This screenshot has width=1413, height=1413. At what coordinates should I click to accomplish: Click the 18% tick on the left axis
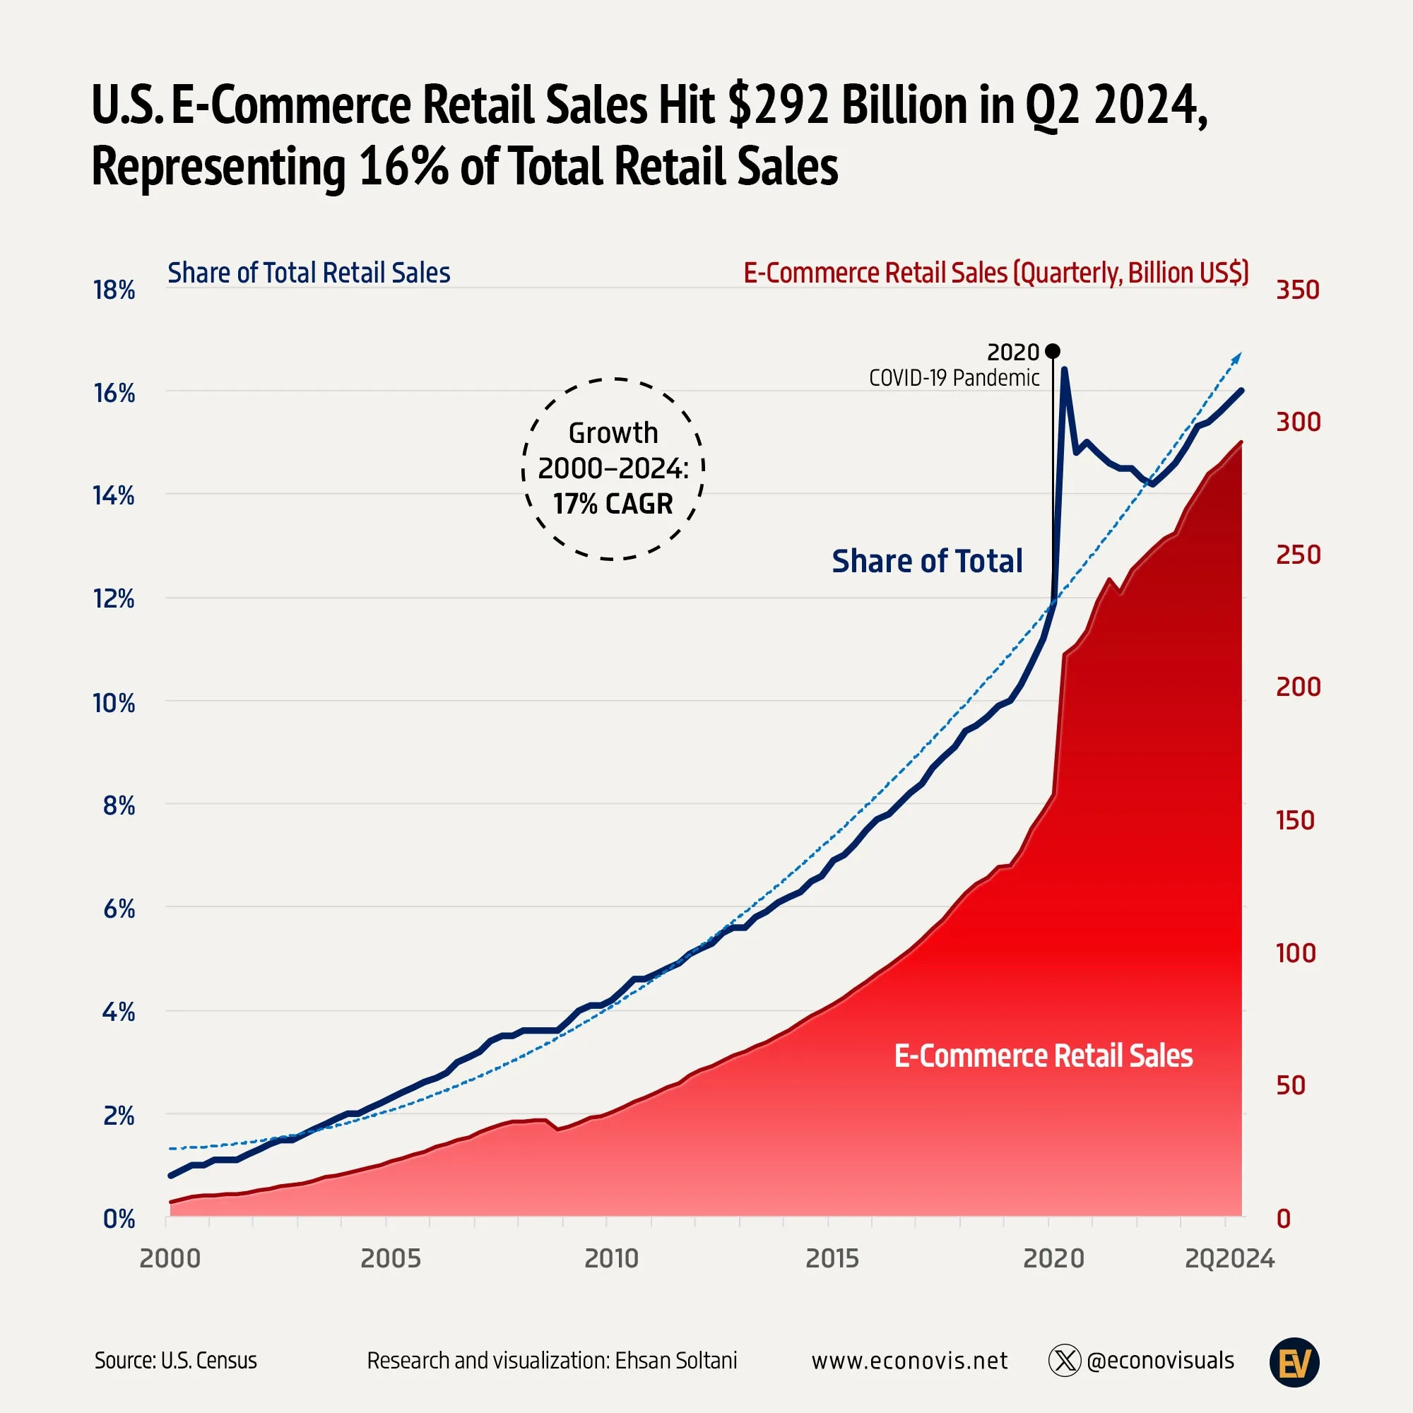click(114, 290)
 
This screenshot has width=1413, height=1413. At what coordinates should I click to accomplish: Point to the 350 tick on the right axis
click(1297, 290)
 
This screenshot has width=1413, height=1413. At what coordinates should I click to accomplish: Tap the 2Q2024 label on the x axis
click(1229, 1259)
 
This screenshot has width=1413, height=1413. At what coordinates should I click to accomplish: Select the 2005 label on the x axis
click(391, 1259)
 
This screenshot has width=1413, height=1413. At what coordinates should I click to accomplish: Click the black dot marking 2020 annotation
click(1053, 352)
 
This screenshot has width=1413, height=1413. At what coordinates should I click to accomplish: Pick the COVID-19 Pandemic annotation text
click(954, 378)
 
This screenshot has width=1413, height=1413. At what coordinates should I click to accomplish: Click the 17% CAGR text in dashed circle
click(613, 504)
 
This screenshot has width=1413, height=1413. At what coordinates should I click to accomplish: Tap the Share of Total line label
click(927, 561)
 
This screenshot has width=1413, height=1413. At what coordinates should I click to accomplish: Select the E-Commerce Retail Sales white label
click(1043, 1056)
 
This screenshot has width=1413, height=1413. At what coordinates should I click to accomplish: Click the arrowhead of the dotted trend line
click(1238, 356)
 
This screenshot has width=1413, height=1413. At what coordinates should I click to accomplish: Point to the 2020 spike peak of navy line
click(1064, 369)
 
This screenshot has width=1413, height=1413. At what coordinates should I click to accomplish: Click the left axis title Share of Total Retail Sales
click(309, 273)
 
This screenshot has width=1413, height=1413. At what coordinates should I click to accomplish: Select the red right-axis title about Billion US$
click(995, 273)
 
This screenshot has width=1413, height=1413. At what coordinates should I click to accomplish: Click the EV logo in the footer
click(1294, 1361)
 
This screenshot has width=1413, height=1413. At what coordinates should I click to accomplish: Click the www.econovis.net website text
click(909, 1360)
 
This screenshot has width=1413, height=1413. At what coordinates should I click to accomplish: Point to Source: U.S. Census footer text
click(175, 1360)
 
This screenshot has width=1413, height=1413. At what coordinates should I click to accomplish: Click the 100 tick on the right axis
click(1295, 953)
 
